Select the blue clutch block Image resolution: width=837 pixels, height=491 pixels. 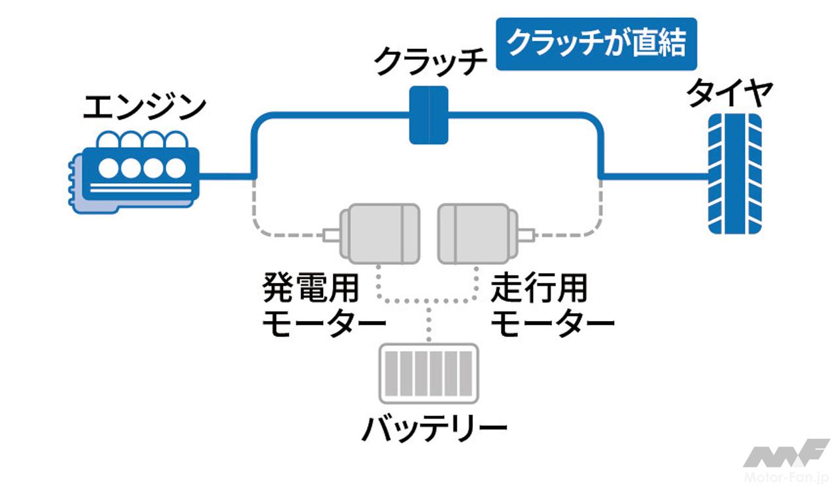tap(428, 115)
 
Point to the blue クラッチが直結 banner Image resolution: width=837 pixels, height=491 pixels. tap(597, 44)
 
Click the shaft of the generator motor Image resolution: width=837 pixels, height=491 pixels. tap(331, 233)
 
